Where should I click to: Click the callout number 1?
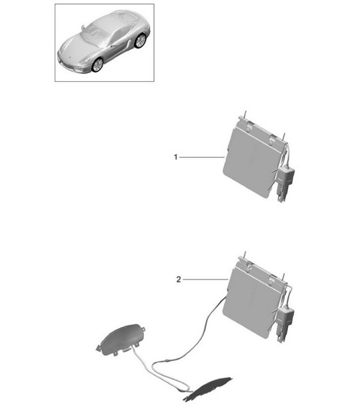(x=175, y=157)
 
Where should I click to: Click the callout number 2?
(x=178, y=280)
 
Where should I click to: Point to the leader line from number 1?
(x=201, y=157)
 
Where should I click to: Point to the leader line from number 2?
(x=205, y=280)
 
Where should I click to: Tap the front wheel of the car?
(x=98, y=64)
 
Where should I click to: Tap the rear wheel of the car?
(x=139, y=41)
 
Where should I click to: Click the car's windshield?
(x=92, y=34)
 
